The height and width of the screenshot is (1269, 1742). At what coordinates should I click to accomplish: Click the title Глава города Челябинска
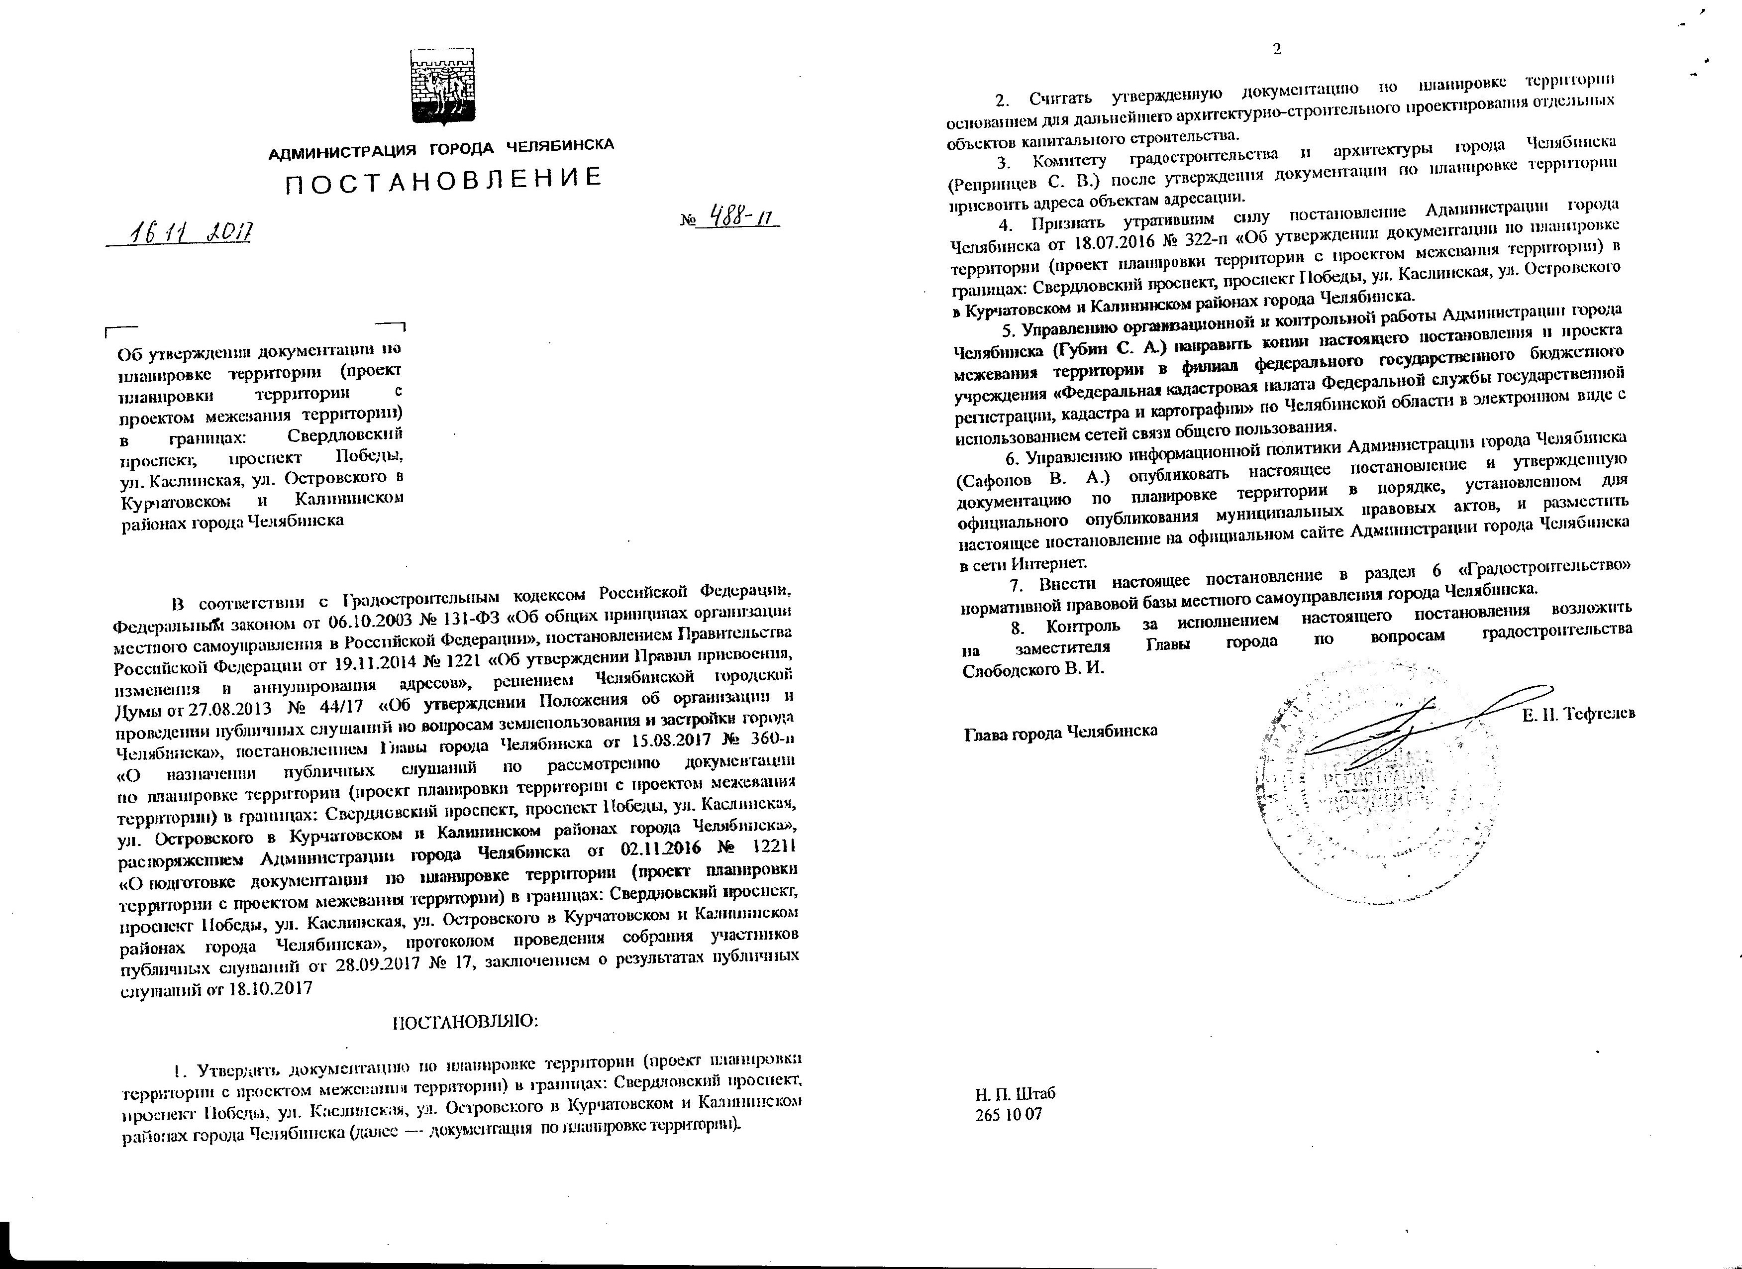pyautogui.click(x=1061, y=731)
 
